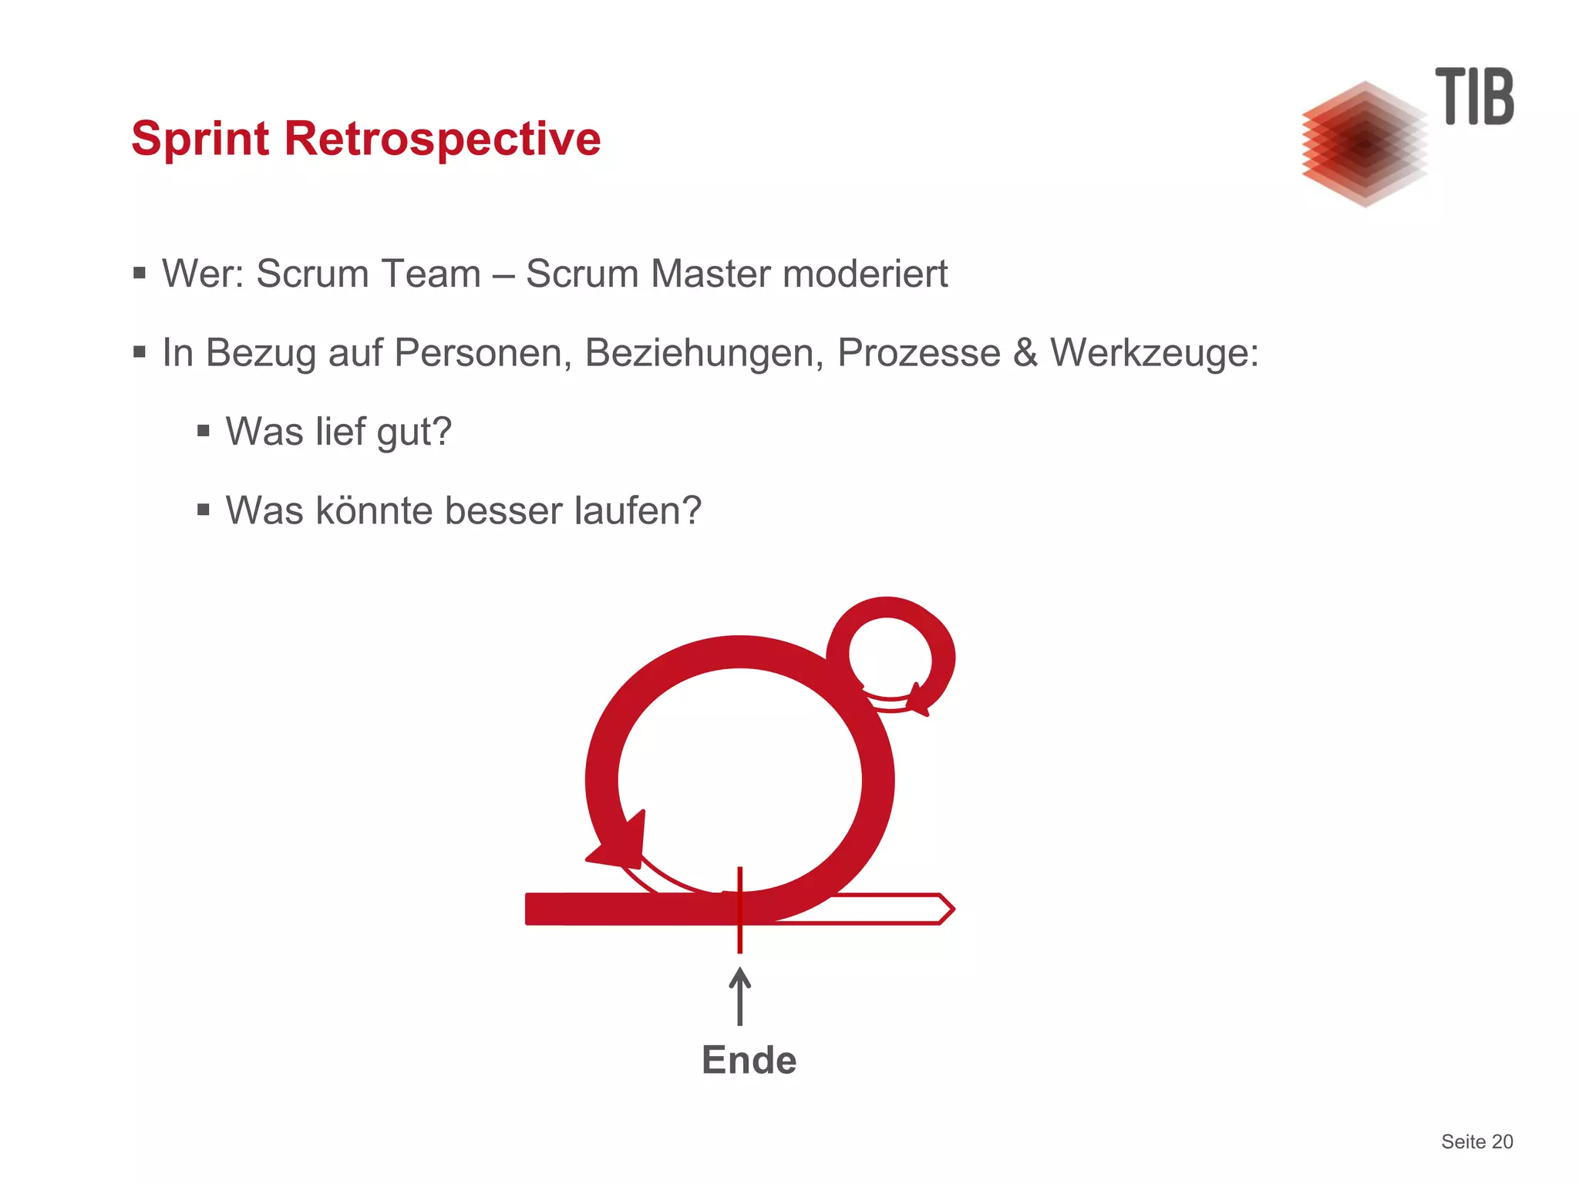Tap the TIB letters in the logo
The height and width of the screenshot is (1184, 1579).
coord(1473,97)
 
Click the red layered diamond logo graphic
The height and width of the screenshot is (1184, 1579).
coord(1364,144)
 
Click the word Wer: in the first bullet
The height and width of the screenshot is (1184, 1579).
coord(203,274)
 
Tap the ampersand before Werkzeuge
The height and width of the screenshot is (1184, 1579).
coord(1025,353)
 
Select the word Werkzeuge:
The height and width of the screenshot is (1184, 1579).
coord(1154,354)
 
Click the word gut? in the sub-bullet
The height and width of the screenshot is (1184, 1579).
coord(413,433)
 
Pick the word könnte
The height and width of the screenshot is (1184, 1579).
coord(373,511)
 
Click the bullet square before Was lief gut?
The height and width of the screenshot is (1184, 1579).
coord(204,431)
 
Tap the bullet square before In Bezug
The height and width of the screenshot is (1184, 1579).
coord(140,352)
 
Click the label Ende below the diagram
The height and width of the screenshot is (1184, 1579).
coord(749,1060)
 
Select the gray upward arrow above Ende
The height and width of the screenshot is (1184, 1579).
coord(740,997)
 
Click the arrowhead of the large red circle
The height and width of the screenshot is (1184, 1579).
coord(621,844)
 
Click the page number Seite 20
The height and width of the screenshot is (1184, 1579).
coord(1476,1142)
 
